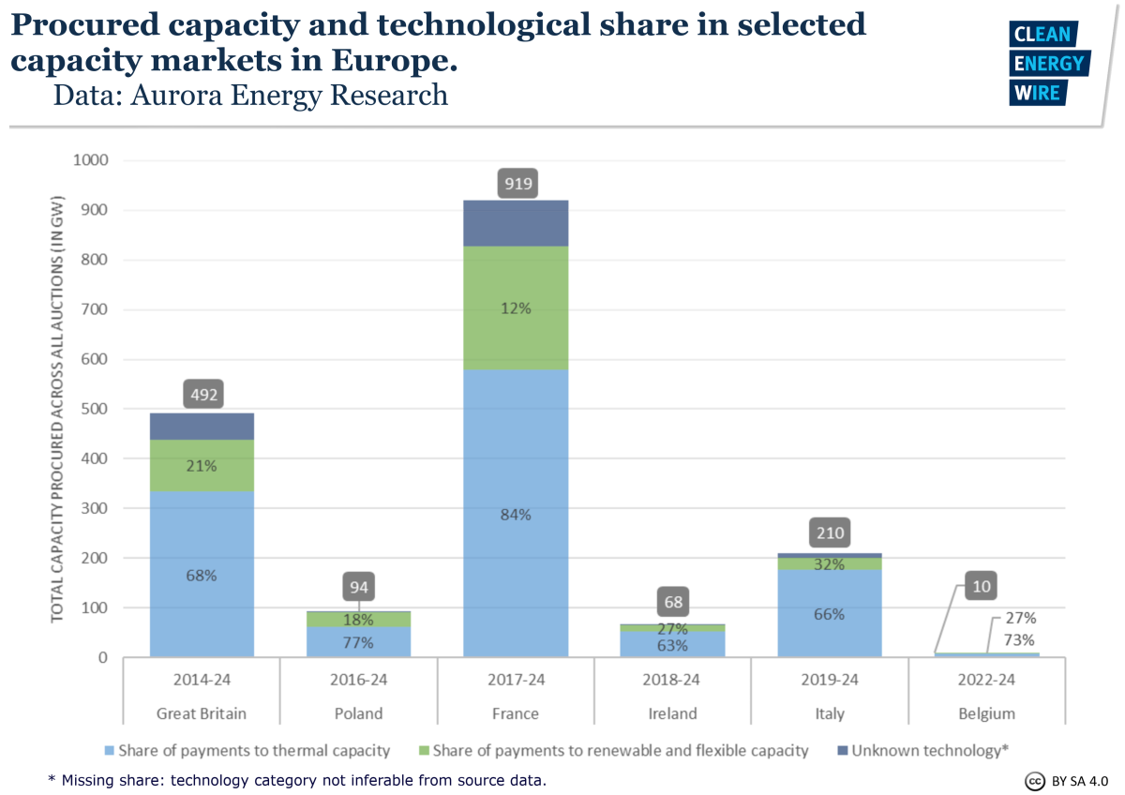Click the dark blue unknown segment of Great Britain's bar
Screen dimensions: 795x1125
202,427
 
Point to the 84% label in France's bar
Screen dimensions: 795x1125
516,514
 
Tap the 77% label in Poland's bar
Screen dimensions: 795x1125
359,642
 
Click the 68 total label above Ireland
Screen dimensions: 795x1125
672,602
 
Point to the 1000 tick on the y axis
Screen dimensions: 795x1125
90,160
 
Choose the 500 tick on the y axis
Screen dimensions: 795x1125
94,409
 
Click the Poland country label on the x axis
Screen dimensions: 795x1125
359,713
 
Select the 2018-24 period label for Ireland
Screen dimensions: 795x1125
672,680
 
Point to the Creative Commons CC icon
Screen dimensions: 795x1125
1035,781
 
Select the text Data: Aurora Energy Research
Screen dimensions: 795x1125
250,95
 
